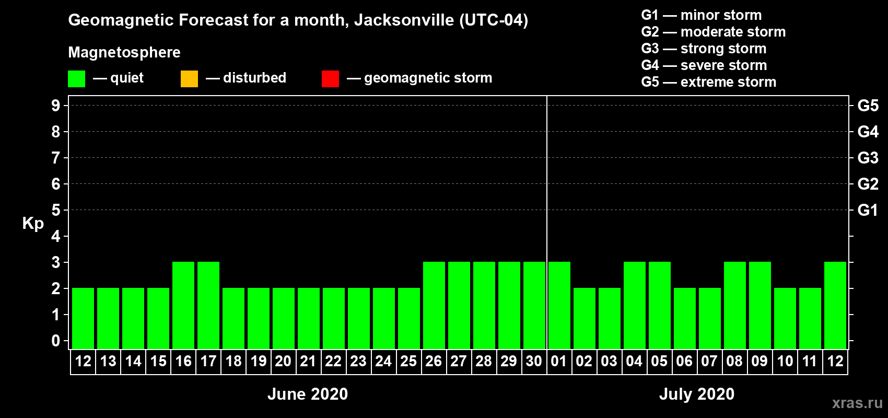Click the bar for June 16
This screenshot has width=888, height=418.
pos(183,305)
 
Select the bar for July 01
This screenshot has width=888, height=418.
pos(559,305)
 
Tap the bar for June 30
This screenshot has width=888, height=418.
pos(534,305)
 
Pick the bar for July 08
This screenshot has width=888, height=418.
pos(735,305)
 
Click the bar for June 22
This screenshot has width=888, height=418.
pos(334,318)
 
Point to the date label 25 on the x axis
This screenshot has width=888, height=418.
pos(408,361)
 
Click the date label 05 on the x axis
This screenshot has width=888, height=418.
pos(659,361)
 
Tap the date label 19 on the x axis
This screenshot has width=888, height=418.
pos(259,361)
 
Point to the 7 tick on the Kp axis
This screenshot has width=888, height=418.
pos(56,158)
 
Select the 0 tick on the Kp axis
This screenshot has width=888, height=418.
pos(56,341)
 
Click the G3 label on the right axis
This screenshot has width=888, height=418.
pos(868,158)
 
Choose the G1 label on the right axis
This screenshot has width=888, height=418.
pos(868,210)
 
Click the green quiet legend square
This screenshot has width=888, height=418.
pos(76,79)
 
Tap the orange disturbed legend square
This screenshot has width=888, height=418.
pos(189,79)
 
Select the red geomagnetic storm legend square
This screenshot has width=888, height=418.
pos(330,79)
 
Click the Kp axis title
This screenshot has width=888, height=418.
pos(33,223)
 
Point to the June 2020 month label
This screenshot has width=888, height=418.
pos(307,394)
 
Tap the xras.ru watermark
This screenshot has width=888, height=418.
pos(857,403)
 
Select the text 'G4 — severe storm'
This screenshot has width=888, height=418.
pos(704,65)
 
